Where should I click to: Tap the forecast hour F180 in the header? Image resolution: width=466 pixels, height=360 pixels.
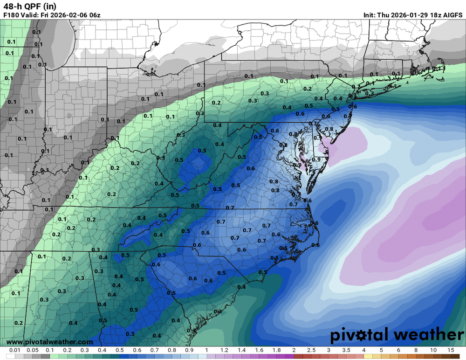click(11, 15)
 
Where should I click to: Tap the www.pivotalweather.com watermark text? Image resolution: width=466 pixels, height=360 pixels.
click(49, 342)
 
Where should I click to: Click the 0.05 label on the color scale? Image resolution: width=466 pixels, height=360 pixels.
click(32, 350)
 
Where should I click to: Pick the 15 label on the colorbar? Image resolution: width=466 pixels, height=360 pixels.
click(451, 350)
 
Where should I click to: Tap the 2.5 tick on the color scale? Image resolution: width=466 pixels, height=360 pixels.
click(311, 350)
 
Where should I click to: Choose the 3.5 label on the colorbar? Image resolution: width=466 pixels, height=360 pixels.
click(346, 350)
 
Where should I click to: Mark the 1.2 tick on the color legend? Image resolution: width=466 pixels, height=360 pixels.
click(224, 350)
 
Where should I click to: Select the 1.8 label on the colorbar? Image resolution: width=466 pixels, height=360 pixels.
click(276, 350)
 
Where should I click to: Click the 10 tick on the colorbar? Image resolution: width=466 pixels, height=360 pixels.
click(433, 350)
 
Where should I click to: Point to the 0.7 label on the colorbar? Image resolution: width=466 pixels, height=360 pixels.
click(154, 350)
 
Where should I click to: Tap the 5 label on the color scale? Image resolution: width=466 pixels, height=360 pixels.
click(381, 350)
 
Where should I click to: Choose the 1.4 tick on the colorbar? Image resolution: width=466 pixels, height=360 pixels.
click(241, 350)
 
